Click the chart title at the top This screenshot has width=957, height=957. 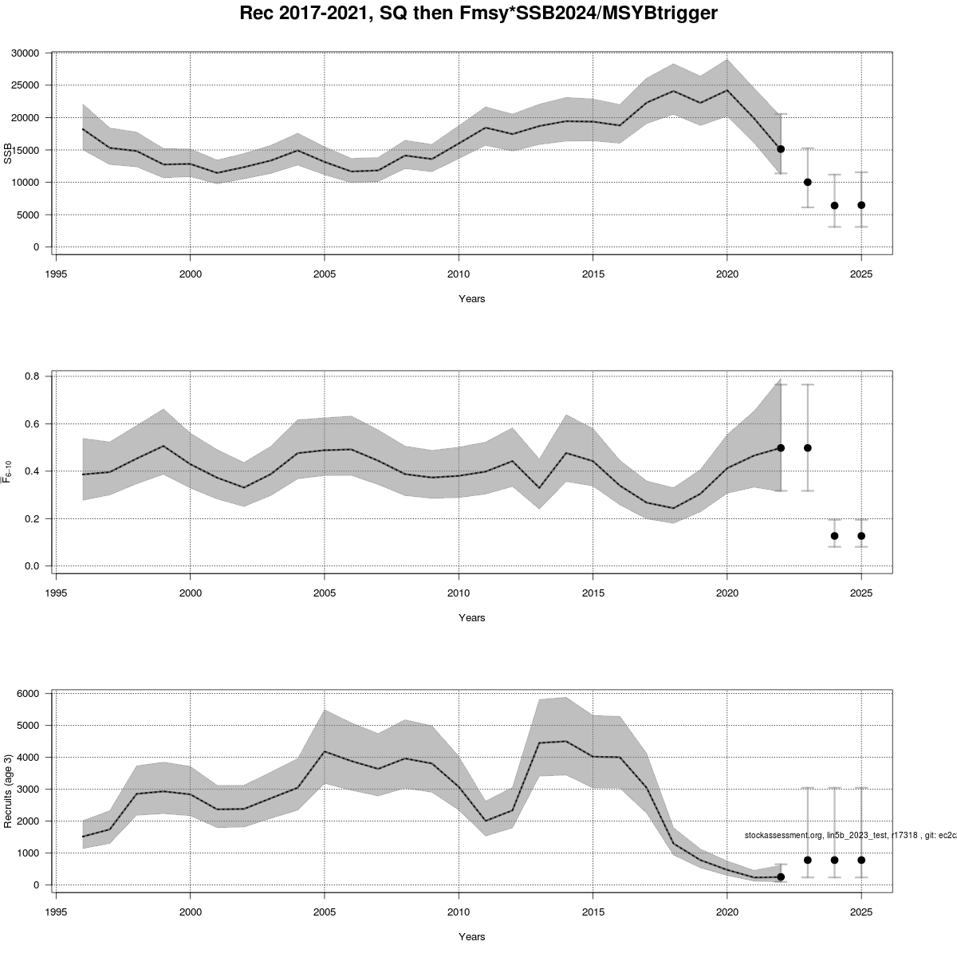(x=478, y=14)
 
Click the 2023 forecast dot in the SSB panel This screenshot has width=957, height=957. (x=807, y=182)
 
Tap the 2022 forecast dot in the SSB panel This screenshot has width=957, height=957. (x=781, y=149)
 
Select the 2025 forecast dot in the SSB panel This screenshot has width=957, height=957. (x=861, y=205)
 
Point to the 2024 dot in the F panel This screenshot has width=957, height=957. (x=834, y=536)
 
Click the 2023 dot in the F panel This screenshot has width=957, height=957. (x=807, y=448)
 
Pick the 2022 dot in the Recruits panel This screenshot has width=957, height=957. (x=781, y=876)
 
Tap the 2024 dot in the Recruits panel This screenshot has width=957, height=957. (x=834, y=860)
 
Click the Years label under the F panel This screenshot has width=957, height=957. (x=471, y=618)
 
